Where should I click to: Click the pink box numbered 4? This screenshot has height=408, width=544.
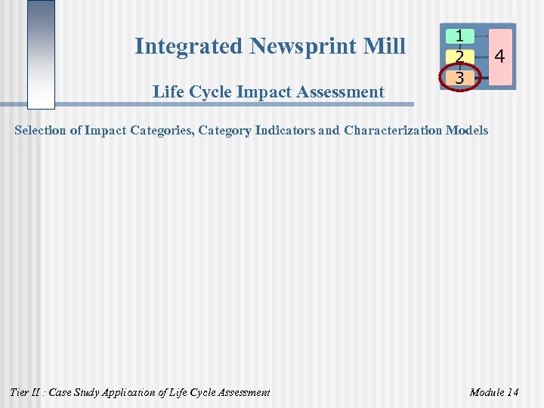499,56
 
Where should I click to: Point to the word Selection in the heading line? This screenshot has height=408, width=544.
40,131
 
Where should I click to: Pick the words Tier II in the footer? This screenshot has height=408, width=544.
25,392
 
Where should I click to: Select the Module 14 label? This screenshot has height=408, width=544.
493,392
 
